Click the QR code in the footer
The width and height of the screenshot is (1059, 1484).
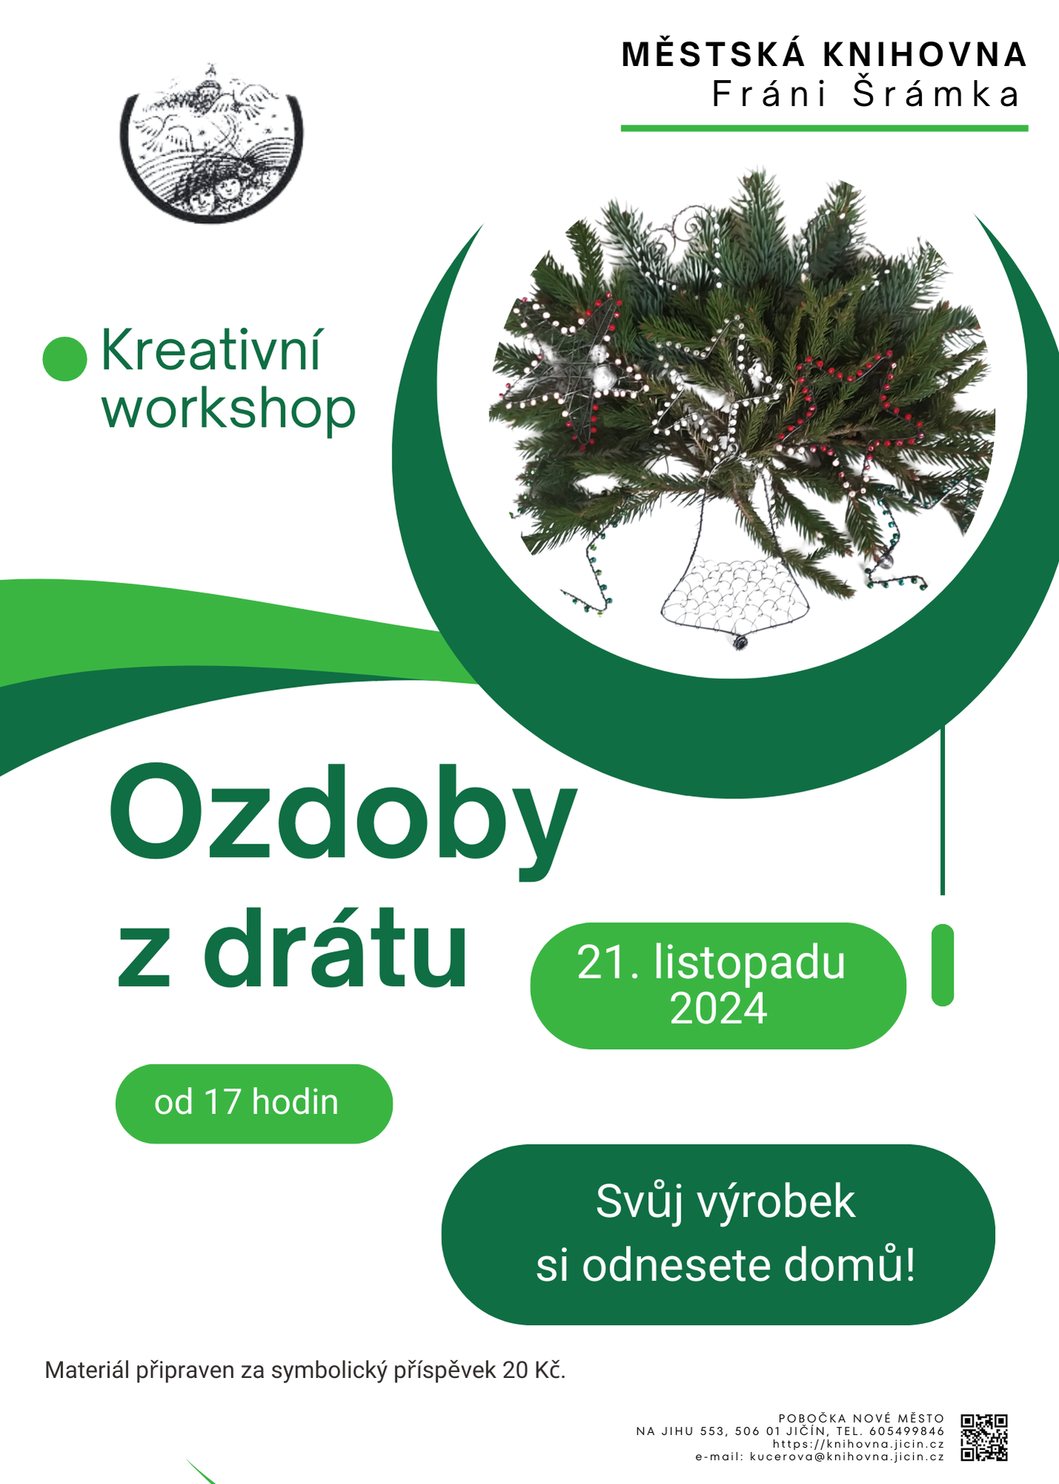point(984,1437)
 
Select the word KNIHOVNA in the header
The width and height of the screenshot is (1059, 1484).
point(925,55)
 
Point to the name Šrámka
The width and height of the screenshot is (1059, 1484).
point(937,93)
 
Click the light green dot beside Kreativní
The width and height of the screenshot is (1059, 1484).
point(65,358)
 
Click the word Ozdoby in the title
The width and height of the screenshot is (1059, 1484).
point(343,821)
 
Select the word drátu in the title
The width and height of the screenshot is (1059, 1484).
point(336,950)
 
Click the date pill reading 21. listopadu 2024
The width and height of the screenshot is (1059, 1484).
point(718,985)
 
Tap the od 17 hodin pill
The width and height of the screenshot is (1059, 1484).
point(254,1103)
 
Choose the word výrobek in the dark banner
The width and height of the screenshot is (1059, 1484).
point(776,1203)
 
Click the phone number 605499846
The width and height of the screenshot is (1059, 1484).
point(907,1431)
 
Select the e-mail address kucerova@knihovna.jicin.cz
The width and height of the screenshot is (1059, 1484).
point(847,1456)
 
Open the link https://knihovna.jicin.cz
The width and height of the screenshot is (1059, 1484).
point(858,1444)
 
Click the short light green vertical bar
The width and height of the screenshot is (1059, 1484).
point(943,965)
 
